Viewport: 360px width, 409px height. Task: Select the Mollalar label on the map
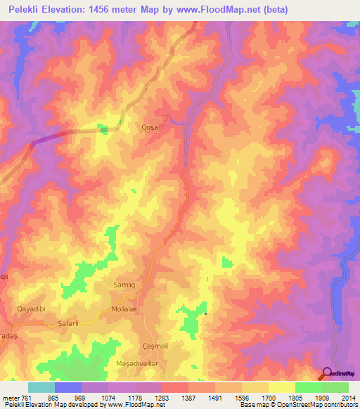[124, 309]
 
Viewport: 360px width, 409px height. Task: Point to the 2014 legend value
[349, 397]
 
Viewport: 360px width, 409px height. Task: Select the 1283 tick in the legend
[161, 397]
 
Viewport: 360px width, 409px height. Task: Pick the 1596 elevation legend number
[241, 397]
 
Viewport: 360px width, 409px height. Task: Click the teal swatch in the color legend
[41, 387]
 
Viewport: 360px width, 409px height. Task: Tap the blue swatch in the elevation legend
[68, 387]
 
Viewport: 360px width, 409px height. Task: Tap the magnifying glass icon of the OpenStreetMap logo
[326, 373]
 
